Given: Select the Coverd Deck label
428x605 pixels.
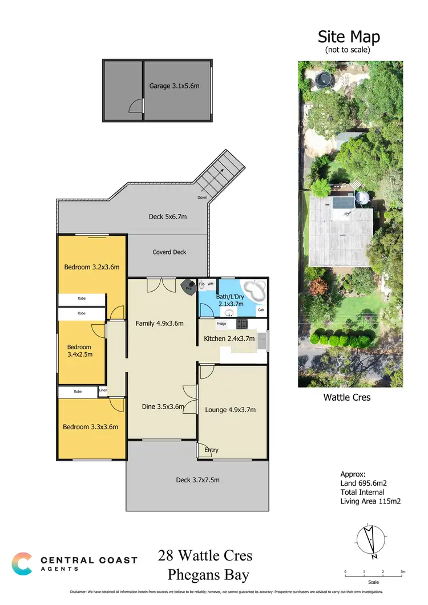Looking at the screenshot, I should [169, 252].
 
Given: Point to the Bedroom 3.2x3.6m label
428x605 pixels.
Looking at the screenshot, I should [91, 267].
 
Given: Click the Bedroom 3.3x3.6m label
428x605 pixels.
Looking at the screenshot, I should [91, 427].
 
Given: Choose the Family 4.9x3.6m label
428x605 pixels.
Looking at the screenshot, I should [159, 323].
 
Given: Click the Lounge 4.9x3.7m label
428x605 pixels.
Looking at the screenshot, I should [230, 409].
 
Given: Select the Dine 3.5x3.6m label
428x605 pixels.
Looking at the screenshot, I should [163, 406].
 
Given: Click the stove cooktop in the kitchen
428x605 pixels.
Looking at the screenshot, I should [241, 324].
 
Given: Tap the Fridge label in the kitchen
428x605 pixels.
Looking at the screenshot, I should [221, 324].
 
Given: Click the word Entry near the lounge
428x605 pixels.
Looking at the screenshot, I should [211, 450].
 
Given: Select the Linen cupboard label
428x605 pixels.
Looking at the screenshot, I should [103, 391].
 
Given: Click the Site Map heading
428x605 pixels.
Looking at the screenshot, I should [349, 37].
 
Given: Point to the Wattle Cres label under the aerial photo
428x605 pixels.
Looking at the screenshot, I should [347, 397].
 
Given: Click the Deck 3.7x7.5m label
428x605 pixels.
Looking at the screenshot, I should [197, 480].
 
